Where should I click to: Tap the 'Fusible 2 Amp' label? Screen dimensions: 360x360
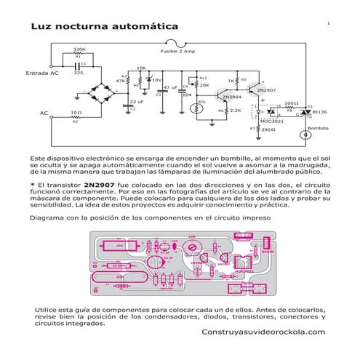177,52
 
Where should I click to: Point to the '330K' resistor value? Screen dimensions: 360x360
79,49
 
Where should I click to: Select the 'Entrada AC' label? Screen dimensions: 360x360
41,73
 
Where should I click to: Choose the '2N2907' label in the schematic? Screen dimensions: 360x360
267,89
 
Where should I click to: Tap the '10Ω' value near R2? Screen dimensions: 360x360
75,113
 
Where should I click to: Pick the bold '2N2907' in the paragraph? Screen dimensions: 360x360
98,185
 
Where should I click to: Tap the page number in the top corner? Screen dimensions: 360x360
328,24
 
